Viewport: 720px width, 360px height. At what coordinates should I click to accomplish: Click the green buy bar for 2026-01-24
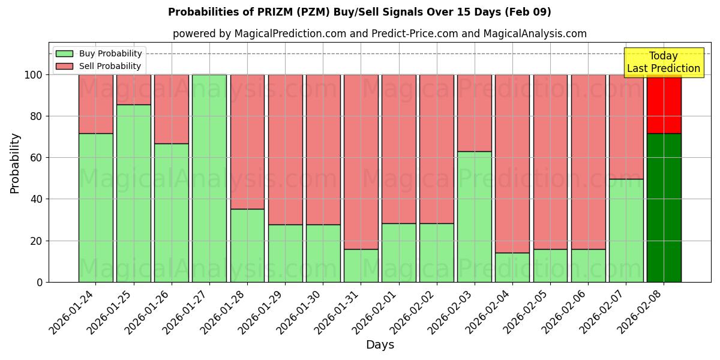[x=95, y=208]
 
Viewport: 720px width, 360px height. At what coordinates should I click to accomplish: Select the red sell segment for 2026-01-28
[x=247, y=142]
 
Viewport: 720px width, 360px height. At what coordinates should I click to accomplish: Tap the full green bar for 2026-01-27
[x=209, y=178]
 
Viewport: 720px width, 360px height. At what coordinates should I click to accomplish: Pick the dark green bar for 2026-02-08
[x=664, y=208]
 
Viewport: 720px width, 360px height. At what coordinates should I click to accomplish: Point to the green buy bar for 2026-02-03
[x=474, y=217]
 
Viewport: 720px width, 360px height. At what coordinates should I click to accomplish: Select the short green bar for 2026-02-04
[x=512, y=267]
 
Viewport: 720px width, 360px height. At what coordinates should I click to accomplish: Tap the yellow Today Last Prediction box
[x=664, y=62]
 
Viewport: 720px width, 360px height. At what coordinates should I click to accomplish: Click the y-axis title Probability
[x=15, y=163]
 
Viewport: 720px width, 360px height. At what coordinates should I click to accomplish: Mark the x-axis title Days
[x=380, y=345]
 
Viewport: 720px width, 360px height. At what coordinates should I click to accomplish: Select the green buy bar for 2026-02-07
[x=626, y=230]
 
